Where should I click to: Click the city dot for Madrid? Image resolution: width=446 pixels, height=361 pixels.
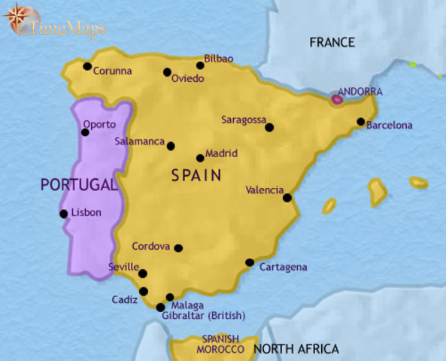click(x=200, y=158)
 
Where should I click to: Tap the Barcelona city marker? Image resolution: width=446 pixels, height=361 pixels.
click(x=361, y=122)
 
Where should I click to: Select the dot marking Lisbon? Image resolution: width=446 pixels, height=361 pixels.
click(x=64, y=214)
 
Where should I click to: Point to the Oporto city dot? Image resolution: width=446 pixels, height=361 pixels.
click(x=85, y=132)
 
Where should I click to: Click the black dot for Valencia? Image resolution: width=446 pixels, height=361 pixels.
click(x=287, y=198)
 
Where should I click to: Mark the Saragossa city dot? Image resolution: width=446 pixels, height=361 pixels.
click(x=269, y=127)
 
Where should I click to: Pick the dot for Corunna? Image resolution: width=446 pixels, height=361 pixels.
click(x=87, y=66)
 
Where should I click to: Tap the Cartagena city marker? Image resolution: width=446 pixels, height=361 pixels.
click(x=250, y=262)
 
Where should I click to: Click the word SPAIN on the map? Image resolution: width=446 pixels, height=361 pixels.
click(x=196, y=177)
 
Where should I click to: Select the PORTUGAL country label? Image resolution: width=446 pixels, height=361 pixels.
click(x=78, y=184)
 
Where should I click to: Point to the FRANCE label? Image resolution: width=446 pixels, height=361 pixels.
click(x=332, y=42)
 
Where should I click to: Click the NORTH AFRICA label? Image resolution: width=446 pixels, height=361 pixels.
click(x=296, y=349)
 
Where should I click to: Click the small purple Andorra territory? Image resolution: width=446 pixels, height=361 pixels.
click(x=338, y=98)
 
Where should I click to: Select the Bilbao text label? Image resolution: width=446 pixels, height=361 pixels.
click(x=219, y=59)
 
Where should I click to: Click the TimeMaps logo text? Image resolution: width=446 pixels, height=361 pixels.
click(x=68, y=29)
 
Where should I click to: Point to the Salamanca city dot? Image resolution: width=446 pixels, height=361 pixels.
click(x=171, y=146)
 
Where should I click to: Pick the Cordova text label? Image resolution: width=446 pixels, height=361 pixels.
click(x=150, y=246)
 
